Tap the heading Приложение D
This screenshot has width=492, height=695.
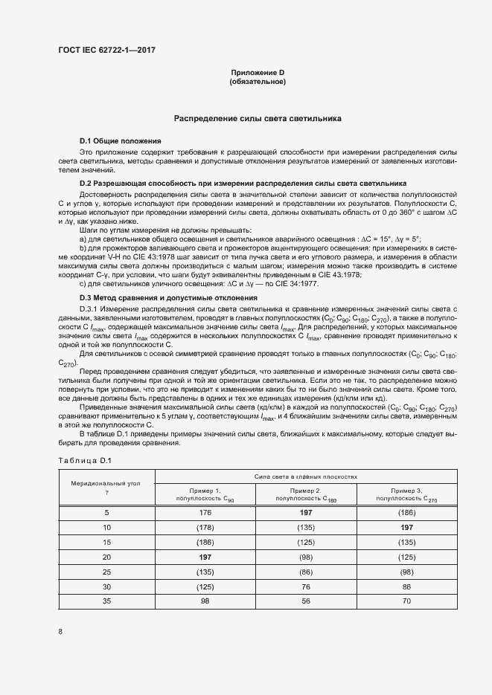(257, 72)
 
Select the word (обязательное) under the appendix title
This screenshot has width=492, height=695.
(258, 82)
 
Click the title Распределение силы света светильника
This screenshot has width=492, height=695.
(258, 117)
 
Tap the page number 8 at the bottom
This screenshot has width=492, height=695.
(60, 632)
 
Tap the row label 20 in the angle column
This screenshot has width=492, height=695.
(106, 557)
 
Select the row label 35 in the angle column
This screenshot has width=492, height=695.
(106, 600)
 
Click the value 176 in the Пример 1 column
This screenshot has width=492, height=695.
(205, 513)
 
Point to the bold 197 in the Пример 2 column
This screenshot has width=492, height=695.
(306, 513)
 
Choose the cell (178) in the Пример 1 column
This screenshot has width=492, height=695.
(205, 527)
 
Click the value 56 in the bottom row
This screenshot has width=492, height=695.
(306, 600)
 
